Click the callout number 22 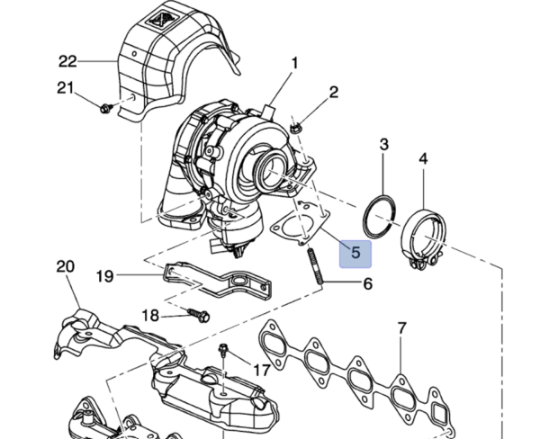67,62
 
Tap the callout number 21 65,88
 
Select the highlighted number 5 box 355,254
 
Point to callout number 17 262,371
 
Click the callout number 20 66,267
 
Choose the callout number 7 402,328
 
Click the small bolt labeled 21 105,108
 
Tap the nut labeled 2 296,129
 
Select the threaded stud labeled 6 315,265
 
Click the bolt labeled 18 199,315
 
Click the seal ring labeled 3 380,217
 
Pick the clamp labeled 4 424,237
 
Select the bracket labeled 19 217,281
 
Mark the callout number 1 294,63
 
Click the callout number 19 104,276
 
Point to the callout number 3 384,144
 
